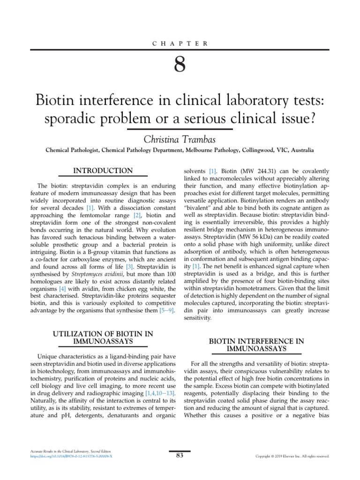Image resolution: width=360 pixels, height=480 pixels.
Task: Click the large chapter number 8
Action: tap(180, 65)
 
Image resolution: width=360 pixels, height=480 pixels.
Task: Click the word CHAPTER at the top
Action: tap(180, 44)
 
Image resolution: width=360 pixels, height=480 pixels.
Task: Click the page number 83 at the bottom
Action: tap(180, 455)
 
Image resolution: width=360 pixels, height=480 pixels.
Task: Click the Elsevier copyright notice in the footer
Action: tap(292, 456)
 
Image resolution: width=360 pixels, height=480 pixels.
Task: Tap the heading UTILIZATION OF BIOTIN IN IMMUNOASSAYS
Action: tap(104, 337)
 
